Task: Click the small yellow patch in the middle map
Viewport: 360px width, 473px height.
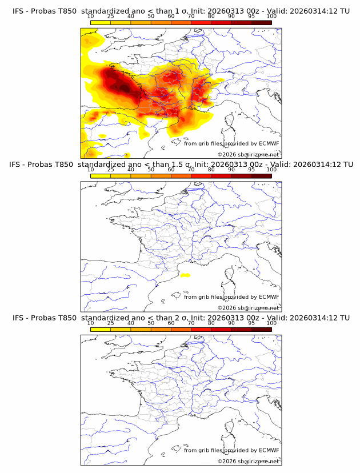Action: (x=185, y=275)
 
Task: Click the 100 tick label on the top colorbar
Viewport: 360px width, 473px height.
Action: (x=271, y=16)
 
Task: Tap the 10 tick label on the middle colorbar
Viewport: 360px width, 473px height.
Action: (x=90, y=170)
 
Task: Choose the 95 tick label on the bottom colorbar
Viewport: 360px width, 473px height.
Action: (x=251, y=323)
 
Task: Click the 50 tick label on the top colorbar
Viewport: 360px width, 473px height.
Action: (x=151, y=16)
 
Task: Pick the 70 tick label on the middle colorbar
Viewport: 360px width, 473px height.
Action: (x=191, y=170)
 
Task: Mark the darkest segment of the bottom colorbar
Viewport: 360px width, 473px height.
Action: (x=261, y=329)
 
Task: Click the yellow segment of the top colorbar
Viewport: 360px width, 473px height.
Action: (x=100, y=22)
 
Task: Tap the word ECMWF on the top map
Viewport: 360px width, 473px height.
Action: (x=269, y=144)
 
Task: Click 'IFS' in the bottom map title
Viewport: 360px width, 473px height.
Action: (x=18, y=318)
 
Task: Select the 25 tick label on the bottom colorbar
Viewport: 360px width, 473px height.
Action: (x=110, y=323)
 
